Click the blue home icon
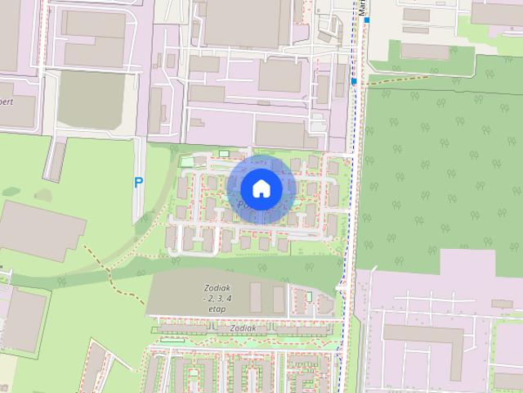(x=261, y=188)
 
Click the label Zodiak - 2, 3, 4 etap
(x=215, y=299)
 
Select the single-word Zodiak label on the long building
(x=244, y=328)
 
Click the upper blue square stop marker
(x=368, y=19)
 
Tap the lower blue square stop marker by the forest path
(x=353, y=81)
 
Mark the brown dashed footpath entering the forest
(x=400, y=79)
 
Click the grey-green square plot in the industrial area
(x=91, y=101)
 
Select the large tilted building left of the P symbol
(x=41, y=230)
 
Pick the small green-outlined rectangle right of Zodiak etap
(x=309, y=295)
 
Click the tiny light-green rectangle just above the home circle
(x=224, y=153)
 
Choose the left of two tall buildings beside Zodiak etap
(x=256, y=297)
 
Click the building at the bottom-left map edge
(x=23, y=319)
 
